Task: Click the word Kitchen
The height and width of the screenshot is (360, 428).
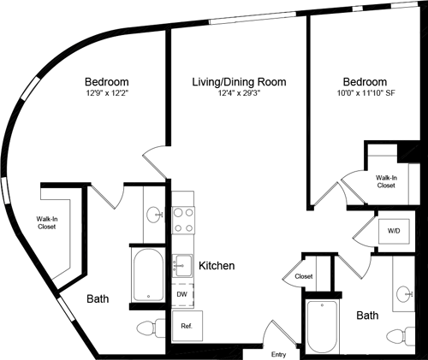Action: (x=217, y=266)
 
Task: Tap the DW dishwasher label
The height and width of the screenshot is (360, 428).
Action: (x=181, y=294)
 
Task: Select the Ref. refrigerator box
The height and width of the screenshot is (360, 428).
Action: (x=186, y=326)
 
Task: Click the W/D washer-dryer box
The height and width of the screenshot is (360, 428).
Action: (x=394, y=231)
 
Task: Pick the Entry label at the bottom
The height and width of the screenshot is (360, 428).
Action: (x=278, y=354)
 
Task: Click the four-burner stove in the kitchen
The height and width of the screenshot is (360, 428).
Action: (x=183, y=221)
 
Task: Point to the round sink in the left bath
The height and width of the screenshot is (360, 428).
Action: (x=154, y=215)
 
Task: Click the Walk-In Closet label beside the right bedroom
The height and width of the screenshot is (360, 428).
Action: (x=386, y=180)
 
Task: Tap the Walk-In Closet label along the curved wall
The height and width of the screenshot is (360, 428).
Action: (x=48, y=224)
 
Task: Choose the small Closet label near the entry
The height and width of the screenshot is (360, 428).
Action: (x=303, y=277)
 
